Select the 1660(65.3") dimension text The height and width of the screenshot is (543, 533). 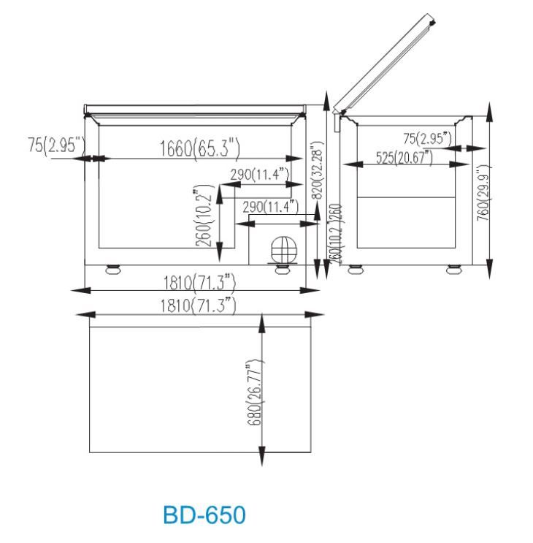[199, 149]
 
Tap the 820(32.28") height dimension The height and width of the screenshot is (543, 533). [316, 175]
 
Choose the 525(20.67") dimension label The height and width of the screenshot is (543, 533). [403, 156]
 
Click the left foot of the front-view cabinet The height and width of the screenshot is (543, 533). [112, 269]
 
